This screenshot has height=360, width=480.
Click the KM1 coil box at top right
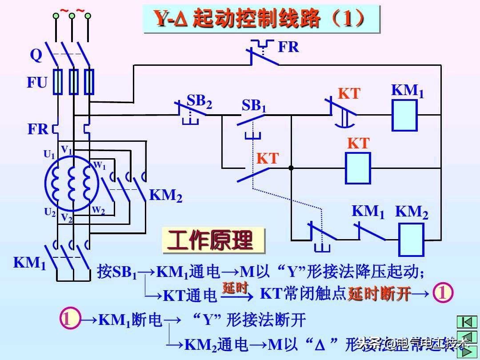[x=404, y=115]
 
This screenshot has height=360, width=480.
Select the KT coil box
[x=358, y=168]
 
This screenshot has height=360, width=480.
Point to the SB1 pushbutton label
[x=254, y=106]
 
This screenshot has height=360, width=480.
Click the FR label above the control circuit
[x=288, y=47]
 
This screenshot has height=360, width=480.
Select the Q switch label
[x=36, y=55]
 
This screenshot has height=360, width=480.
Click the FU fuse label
[x=37, y=83]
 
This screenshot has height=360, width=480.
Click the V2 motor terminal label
[x=66, y=218]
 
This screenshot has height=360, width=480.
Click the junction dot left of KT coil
[x=291, y=168]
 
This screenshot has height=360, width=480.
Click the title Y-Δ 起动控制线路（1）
[x=261, y=19]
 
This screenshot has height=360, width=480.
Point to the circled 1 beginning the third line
[x=70, y=319]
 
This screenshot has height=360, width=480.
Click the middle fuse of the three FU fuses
[x=74, y=82]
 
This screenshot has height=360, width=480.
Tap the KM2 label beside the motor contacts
[x=165, y=195]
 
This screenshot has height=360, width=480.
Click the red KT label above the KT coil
[x=358, y=143]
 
